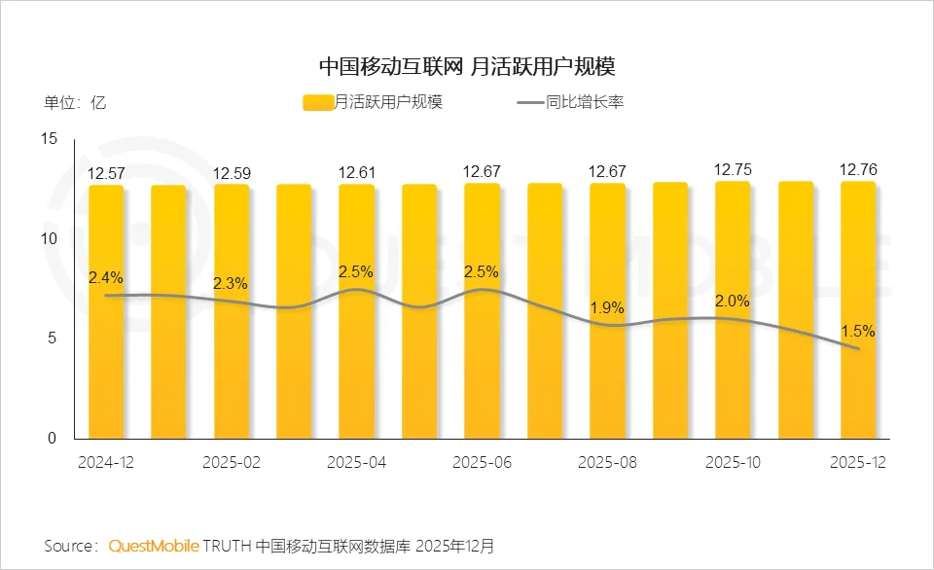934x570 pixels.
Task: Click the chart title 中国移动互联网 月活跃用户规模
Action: pos(467,67)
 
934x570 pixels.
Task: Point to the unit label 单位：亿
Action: pos(75,102)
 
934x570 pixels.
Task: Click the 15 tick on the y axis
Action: pos(51,139)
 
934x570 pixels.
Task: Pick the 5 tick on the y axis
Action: pos(54,338)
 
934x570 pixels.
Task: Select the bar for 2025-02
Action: pos(232,311)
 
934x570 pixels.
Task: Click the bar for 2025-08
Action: pos(607,311)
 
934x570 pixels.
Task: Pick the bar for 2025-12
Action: pos(858,311)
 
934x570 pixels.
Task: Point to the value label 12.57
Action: pos(105,173)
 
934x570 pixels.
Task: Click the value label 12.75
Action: pos(733,169)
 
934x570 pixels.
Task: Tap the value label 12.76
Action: pos(858,170)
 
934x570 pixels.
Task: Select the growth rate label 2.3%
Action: pos(231,284)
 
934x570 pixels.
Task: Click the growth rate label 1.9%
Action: pos(607,307)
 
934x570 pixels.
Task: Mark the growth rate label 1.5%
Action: pos(858,331)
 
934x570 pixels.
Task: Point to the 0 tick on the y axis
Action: pos(54,439)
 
